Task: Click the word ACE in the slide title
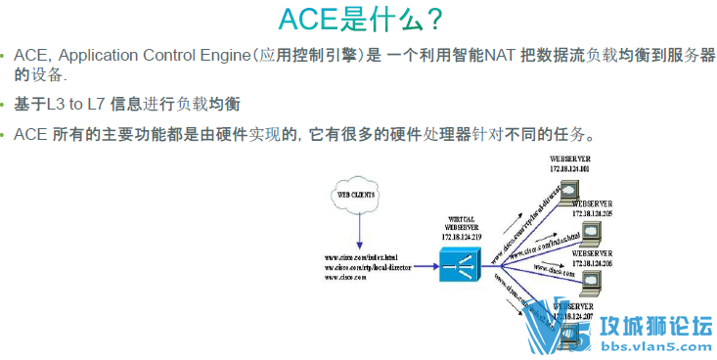[311, 20]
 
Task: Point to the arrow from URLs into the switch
[421, 265]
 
